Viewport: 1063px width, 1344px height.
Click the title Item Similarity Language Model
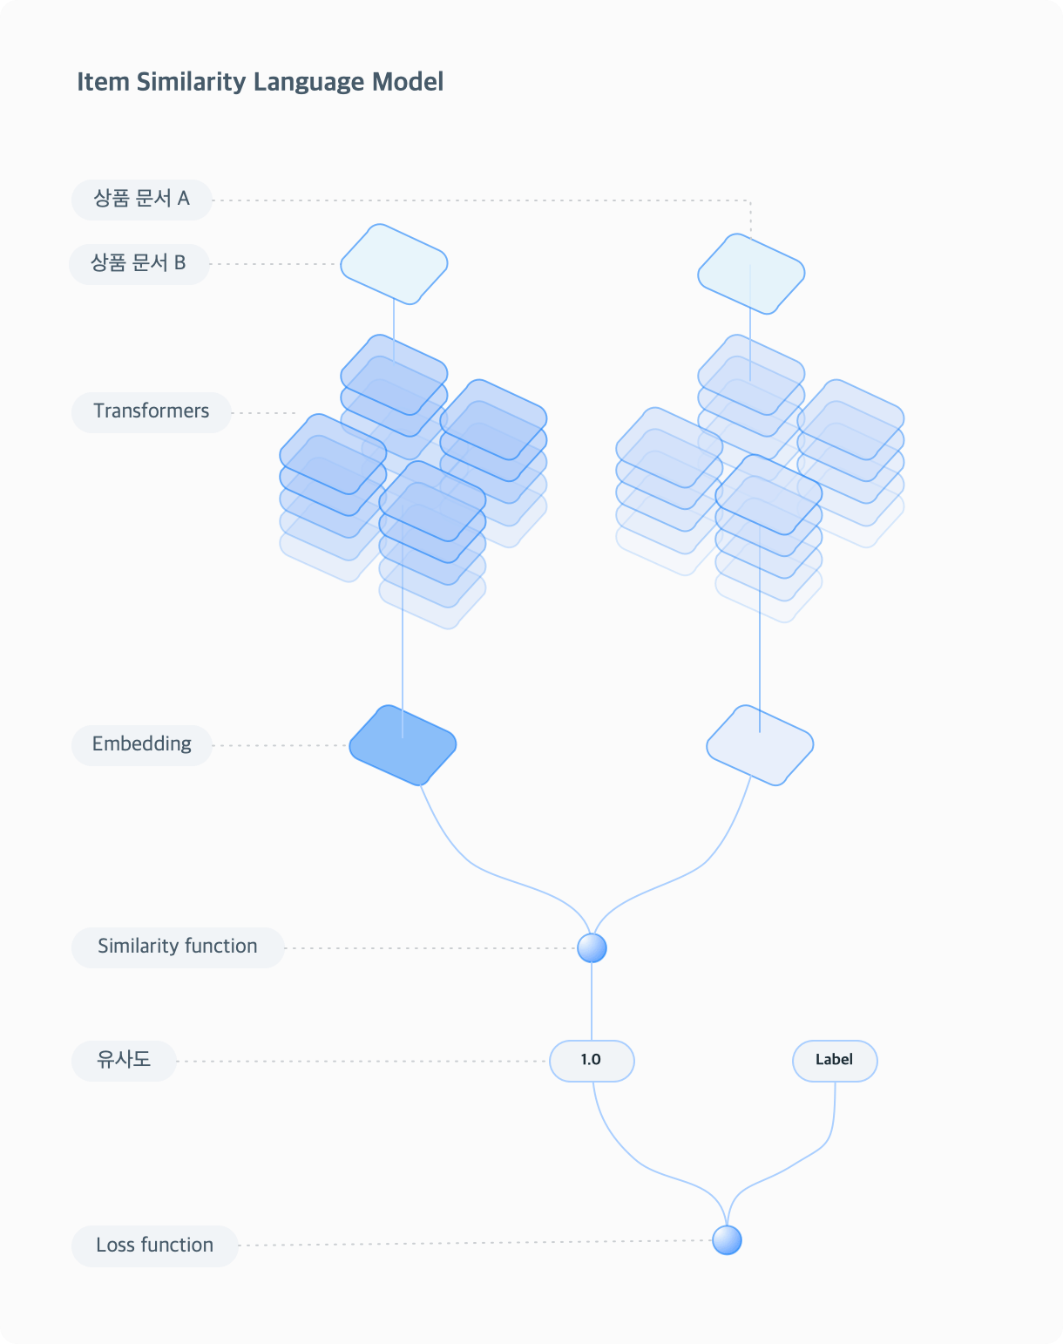260,83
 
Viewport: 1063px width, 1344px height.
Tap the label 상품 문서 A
142,200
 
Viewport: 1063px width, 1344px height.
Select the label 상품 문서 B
139,264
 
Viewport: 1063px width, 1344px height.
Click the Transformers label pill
151,412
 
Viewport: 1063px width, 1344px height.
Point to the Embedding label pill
142,745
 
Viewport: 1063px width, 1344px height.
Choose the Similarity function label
178,947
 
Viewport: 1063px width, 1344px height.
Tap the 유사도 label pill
124,1061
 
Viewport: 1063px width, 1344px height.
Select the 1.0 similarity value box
592,1061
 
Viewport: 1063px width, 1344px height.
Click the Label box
835,1061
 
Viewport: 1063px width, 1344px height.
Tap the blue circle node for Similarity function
592,948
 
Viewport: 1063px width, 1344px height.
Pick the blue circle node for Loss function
727,1240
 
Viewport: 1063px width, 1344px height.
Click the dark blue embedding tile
403,745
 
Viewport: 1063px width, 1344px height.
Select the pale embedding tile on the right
760,745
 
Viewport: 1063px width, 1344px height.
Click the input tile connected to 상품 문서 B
394,264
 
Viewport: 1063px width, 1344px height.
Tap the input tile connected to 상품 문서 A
751,274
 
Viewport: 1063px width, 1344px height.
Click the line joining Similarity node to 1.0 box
592,1001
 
